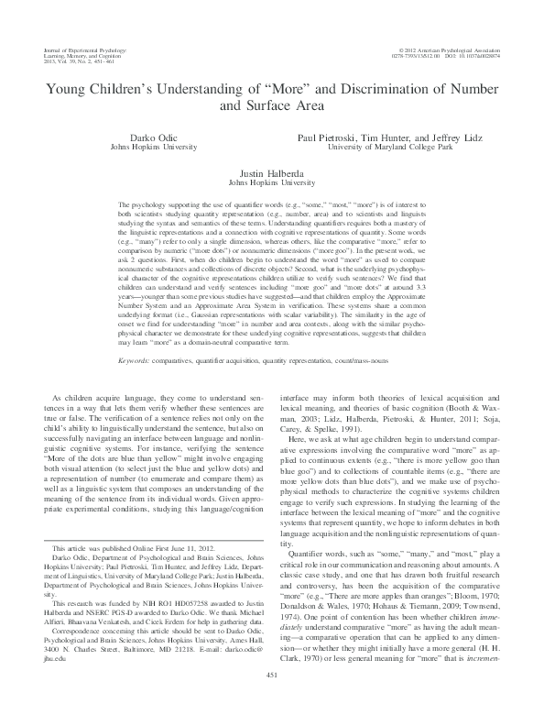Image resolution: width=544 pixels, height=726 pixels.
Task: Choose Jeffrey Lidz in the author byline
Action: coord(458,137)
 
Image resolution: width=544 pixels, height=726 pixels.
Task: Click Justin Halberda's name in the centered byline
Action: coord(271,172)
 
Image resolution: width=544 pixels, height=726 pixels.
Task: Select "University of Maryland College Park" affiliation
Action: coord(391,146)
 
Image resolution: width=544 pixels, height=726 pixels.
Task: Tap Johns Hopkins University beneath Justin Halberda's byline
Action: coord(271,181)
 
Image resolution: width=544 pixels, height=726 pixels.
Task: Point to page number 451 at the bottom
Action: coord(272,701)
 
